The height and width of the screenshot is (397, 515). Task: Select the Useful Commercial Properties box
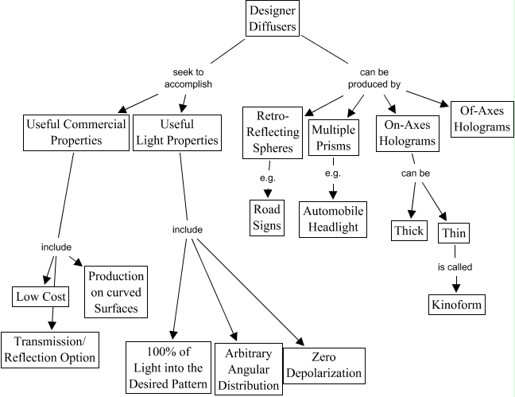click(x=77, y=132)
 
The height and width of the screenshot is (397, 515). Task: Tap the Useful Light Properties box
click(x=177, y=132)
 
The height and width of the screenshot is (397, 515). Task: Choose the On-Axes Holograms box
click(x=405, y=132)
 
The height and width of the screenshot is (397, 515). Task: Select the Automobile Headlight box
click(x=334, y=218)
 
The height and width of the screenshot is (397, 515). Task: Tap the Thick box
click(x=409, y=231)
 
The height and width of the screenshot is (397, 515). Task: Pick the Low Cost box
click(x=41, y=298)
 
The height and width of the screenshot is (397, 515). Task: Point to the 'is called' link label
click(x=455, y=269)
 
